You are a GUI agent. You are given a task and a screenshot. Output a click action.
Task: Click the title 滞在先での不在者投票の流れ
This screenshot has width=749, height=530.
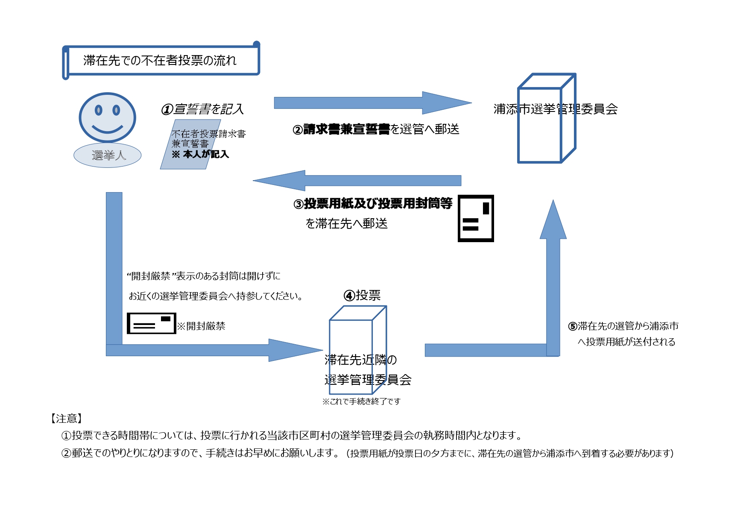click(160, 61)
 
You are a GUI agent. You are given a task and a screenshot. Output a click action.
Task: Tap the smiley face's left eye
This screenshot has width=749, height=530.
click(99, 110)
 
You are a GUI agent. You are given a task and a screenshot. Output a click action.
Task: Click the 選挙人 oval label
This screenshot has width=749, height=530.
click(108, 155)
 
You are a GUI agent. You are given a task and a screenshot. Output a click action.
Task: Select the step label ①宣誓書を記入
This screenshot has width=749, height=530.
click(202, 109)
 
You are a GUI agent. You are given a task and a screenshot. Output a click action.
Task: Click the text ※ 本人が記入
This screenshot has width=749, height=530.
click(200, 154)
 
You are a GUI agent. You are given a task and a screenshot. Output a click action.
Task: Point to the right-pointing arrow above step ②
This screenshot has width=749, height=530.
click(372, 103)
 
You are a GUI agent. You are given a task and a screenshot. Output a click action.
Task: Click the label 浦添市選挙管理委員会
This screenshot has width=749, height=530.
click(555, 109)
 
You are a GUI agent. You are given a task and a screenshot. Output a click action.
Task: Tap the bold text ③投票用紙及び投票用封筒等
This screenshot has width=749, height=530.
click(373, 204)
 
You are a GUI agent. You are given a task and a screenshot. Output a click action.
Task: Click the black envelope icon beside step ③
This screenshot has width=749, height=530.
click(476, 219)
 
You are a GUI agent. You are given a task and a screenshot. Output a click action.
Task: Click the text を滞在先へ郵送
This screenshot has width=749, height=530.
click(346, 223)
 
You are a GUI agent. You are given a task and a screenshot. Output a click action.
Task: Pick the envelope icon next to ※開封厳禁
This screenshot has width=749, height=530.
click(151, 323)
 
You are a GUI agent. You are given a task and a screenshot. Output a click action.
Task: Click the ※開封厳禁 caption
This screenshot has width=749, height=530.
click(201, 326)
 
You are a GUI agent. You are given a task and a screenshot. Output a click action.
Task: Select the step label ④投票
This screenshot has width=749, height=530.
click(362, 295)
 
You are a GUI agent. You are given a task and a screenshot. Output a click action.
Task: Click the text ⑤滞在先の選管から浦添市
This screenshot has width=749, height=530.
click(623, 326)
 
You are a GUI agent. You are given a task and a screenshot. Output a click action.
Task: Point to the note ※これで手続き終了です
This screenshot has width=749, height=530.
click(361, 401)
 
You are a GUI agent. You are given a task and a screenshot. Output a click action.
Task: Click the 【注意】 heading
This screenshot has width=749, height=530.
click(66, 419)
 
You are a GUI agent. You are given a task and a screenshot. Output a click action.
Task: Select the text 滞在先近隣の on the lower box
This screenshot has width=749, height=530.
click(360, 360)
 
